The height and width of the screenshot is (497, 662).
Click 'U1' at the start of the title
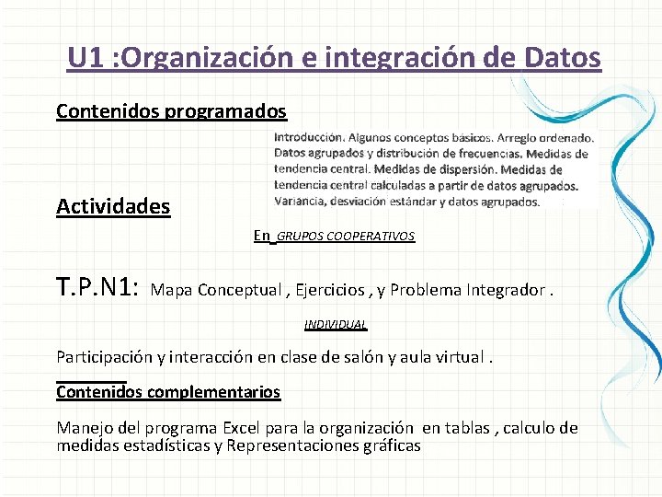point(86,58)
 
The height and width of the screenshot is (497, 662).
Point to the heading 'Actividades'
point(113,206)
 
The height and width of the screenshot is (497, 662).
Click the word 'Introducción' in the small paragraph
point(309,137)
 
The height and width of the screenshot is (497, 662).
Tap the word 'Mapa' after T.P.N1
point(171,291)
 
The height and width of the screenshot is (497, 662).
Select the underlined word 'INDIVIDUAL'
point(336,325)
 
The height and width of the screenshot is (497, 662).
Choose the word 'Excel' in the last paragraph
point(243,428)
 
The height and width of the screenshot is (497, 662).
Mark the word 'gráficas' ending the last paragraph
point(393,446)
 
